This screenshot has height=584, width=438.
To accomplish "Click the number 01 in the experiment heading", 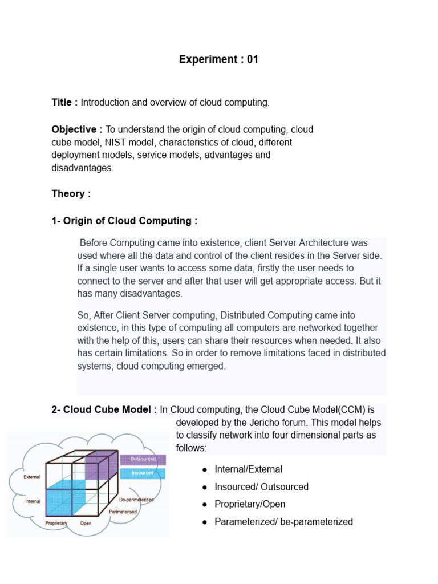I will click(252, 59).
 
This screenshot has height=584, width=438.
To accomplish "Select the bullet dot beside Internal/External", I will click(204, 470).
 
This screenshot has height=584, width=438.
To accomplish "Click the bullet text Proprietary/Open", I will click(250, 505).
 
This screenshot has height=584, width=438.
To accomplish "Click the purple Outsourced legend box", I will click(143, 459).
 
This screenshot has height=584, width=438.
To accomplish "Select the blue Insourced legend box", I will click(143, 473).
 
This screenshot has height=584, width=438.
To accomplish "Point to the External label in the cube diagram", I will click(32, 477).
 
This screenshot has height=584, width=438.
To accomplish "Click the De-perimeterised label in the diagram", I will click(136, 500).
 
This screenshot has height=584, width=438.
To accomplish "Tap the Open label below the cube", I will click(86, 523).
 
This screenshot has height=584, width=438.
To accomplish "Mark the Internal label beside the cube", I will click(33, 502).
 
